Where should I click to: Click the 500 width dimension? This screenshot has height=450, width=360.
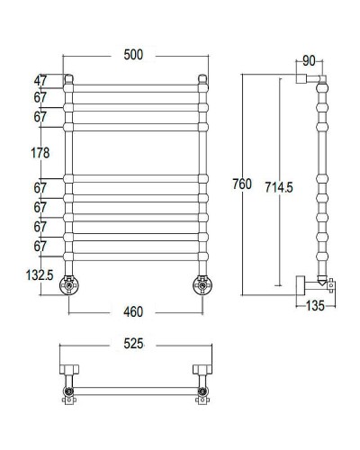coord(134,56)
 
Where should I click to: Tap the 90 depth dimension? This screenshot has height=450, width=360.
coord(309,61)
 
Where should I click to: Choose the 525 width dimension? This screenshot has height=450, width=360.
coord(134,346)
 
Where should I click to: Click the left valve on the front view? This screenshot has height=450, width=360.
coord(68,286)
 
